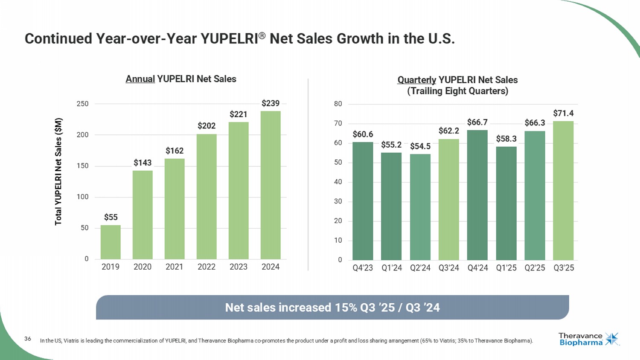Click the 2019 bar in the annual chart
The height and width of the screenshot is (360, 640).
(111, 242)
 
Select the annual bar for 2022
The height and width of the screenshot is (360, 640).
(207, 197)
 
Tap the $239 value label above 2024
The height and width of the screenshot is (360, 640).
(271, 103)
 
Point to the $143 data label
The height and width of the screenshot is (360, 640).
(143, 163)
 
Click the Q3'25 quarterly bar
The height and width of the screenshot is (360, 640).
(563, 191)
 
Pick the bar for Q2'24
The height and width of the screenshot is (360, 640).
(420, 207)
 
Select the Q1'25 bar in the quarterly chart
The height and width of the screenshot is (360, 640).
(506, 203)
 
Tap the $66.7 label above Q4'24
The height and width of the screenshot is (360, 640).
(477, 122)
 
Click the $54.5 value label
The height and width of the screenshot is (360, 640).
(420, 146)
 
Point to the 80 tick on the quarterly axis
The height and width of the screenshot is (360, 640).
(338, 104)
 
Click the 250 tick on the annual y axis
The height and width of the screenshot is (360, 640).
(83, 104)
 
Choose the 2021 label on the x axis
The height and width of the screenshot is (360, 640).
(174, 267)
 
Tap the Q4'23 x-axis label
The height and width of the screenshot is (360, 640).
(363, 268)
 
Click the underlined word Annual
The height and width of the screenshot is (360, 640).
(140, 79)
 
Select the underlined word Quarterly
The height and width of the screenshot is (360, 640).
(416, 80)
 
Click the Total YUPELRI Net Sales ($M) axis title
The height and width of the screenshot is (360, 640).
(58, 171)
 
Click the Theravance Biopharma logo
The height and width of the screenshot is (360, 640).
(588, 339)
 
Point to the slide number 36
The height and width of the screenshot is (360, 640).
(28, 339)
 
